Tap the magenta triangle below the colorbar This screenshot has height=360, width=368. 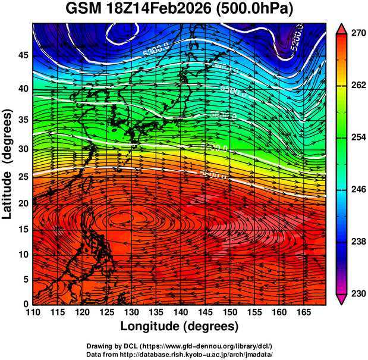[x=342, y=299]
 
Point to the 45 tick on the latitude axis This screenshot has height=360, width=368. [x=21, y=55]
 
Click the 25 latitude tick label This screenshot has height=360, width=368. [x=21, y=177]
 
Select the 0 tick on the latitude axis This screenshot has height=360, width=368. [x=24, y=304]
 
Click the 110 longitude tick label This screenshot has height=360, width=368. [x=33, y=313]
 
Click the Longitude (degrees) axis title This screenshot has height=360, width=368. [x=180, y=327]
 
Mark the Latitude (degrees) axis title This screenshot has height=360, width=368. [x=8, y=164]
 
